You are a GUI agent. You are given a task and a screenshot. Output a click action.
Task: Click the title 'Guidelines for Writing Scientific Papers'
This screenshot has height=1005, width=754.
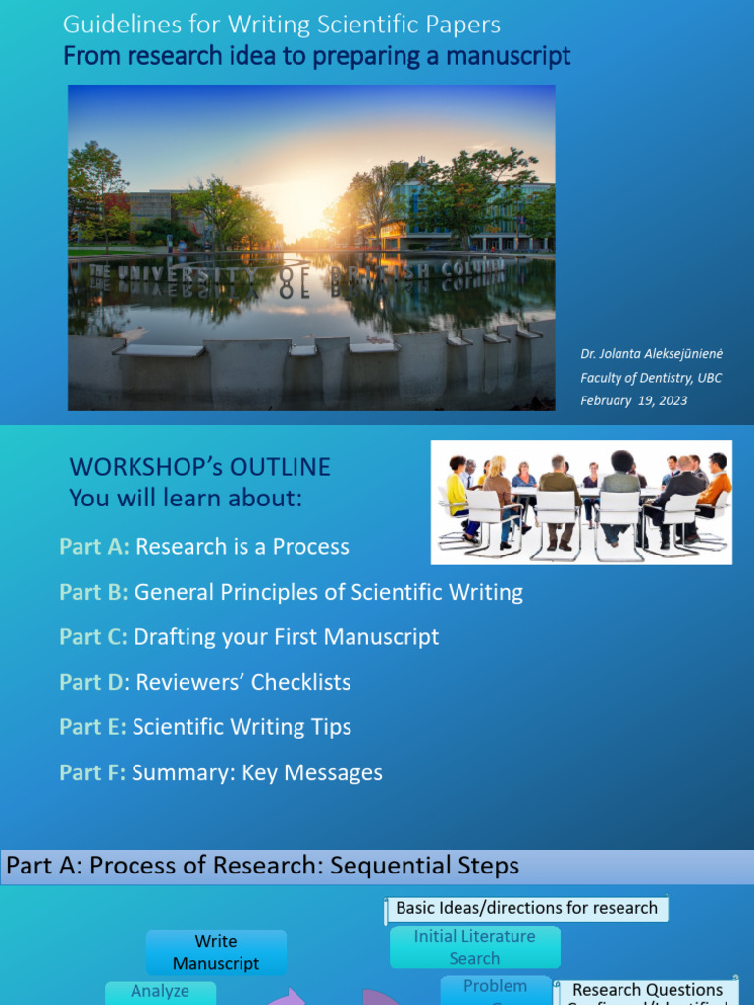pyautogui.click(x=281, y=25)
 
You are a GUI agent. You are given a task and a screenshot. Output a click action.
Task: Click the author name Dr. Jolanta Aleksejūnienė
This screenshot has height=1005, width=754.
pyautogui.click(x=650, y=354)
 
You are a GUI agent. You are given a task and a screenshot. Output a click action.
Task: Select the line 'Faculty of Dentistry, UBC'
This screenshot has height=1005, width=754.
pyautogui.click(x=650, y=378)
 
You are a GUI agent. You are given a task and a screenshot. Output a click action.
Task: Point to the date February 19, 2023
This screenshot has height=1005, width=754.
pyautogui.click(x=633, y=400)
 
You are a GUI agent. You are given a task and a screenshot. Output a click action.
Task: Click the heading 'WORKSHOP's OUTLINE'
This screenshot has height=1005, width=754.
pyautogui.click(x=199, y=467)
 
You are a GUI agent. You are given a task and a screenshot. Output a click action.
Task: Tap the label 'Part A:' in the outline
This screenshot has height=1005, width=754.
pyautogui.click(x=94, y=547)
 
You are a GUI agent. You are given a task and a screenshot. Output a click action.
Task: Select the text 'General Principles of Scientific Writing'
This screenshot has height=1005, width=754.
pyautogui.click(x=329, y=592)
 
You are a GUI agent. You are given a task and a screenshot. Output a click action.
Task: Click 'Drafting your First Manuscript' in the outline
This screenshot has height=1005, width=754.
pyautogui.click(x=286, y=637)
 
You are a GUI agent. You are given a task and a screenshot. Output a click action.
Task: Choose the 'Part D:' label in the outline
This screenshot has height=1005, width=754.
pyautogui.click(x=93, y=682)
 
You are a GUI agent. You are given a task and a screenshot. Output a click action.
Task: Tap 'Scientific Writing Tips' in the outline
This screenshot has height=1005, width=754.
pyautogui.click(x=242, y=727)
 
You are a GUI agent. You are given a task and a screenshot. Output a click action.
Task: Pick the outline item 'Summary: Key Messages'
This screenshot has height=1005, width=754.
pyautogui.click(x=257, y=772)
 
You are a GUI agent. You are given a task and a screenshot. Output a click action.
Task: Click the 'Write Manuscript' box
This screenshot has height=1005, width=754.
pyautogui.click(x=216, y=952)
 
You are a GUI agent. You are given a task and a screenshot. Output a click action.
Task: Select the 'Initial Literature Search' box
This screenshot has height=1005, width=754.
pyautogui.click(x=474, y=947)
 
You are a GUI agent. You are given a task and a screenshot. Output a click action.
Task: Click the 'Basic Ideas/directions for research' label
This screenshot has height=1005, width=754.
pyautogui.click(x=526, y=908)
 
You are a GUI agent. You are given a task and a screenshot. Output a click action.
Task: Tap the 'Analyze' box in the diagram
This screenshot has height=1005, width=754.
pyautogui.click(x=160, y=991)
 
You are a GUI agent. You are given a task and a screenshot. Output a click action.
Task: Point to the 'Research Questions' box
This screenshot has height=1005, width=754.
pyautogui.click(x=647, y=991)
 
